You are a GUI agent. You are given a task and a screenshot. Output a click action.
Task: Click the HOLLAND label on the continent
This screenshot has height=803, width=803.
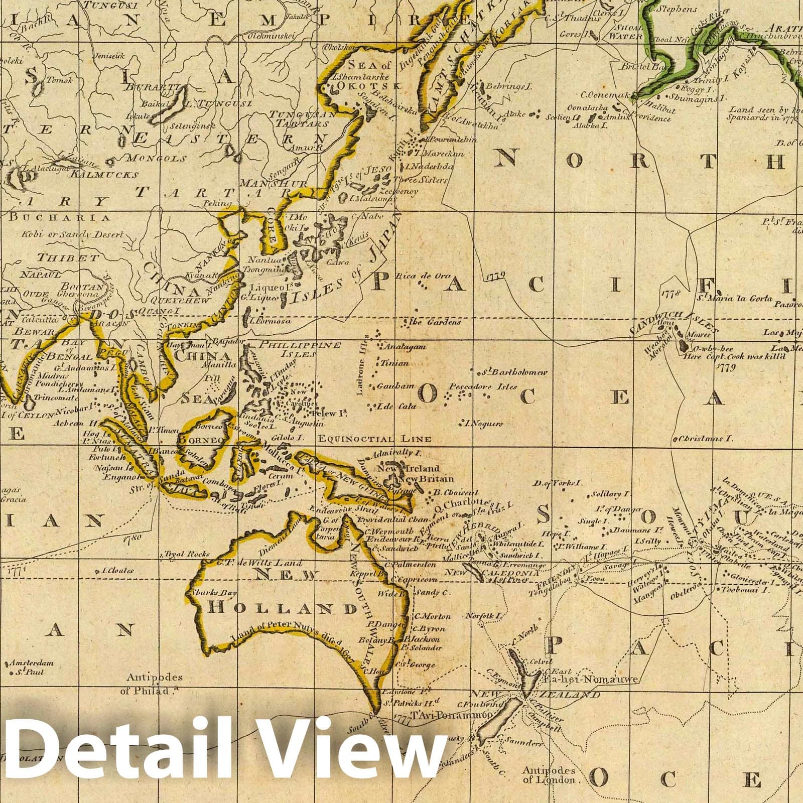281,609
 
